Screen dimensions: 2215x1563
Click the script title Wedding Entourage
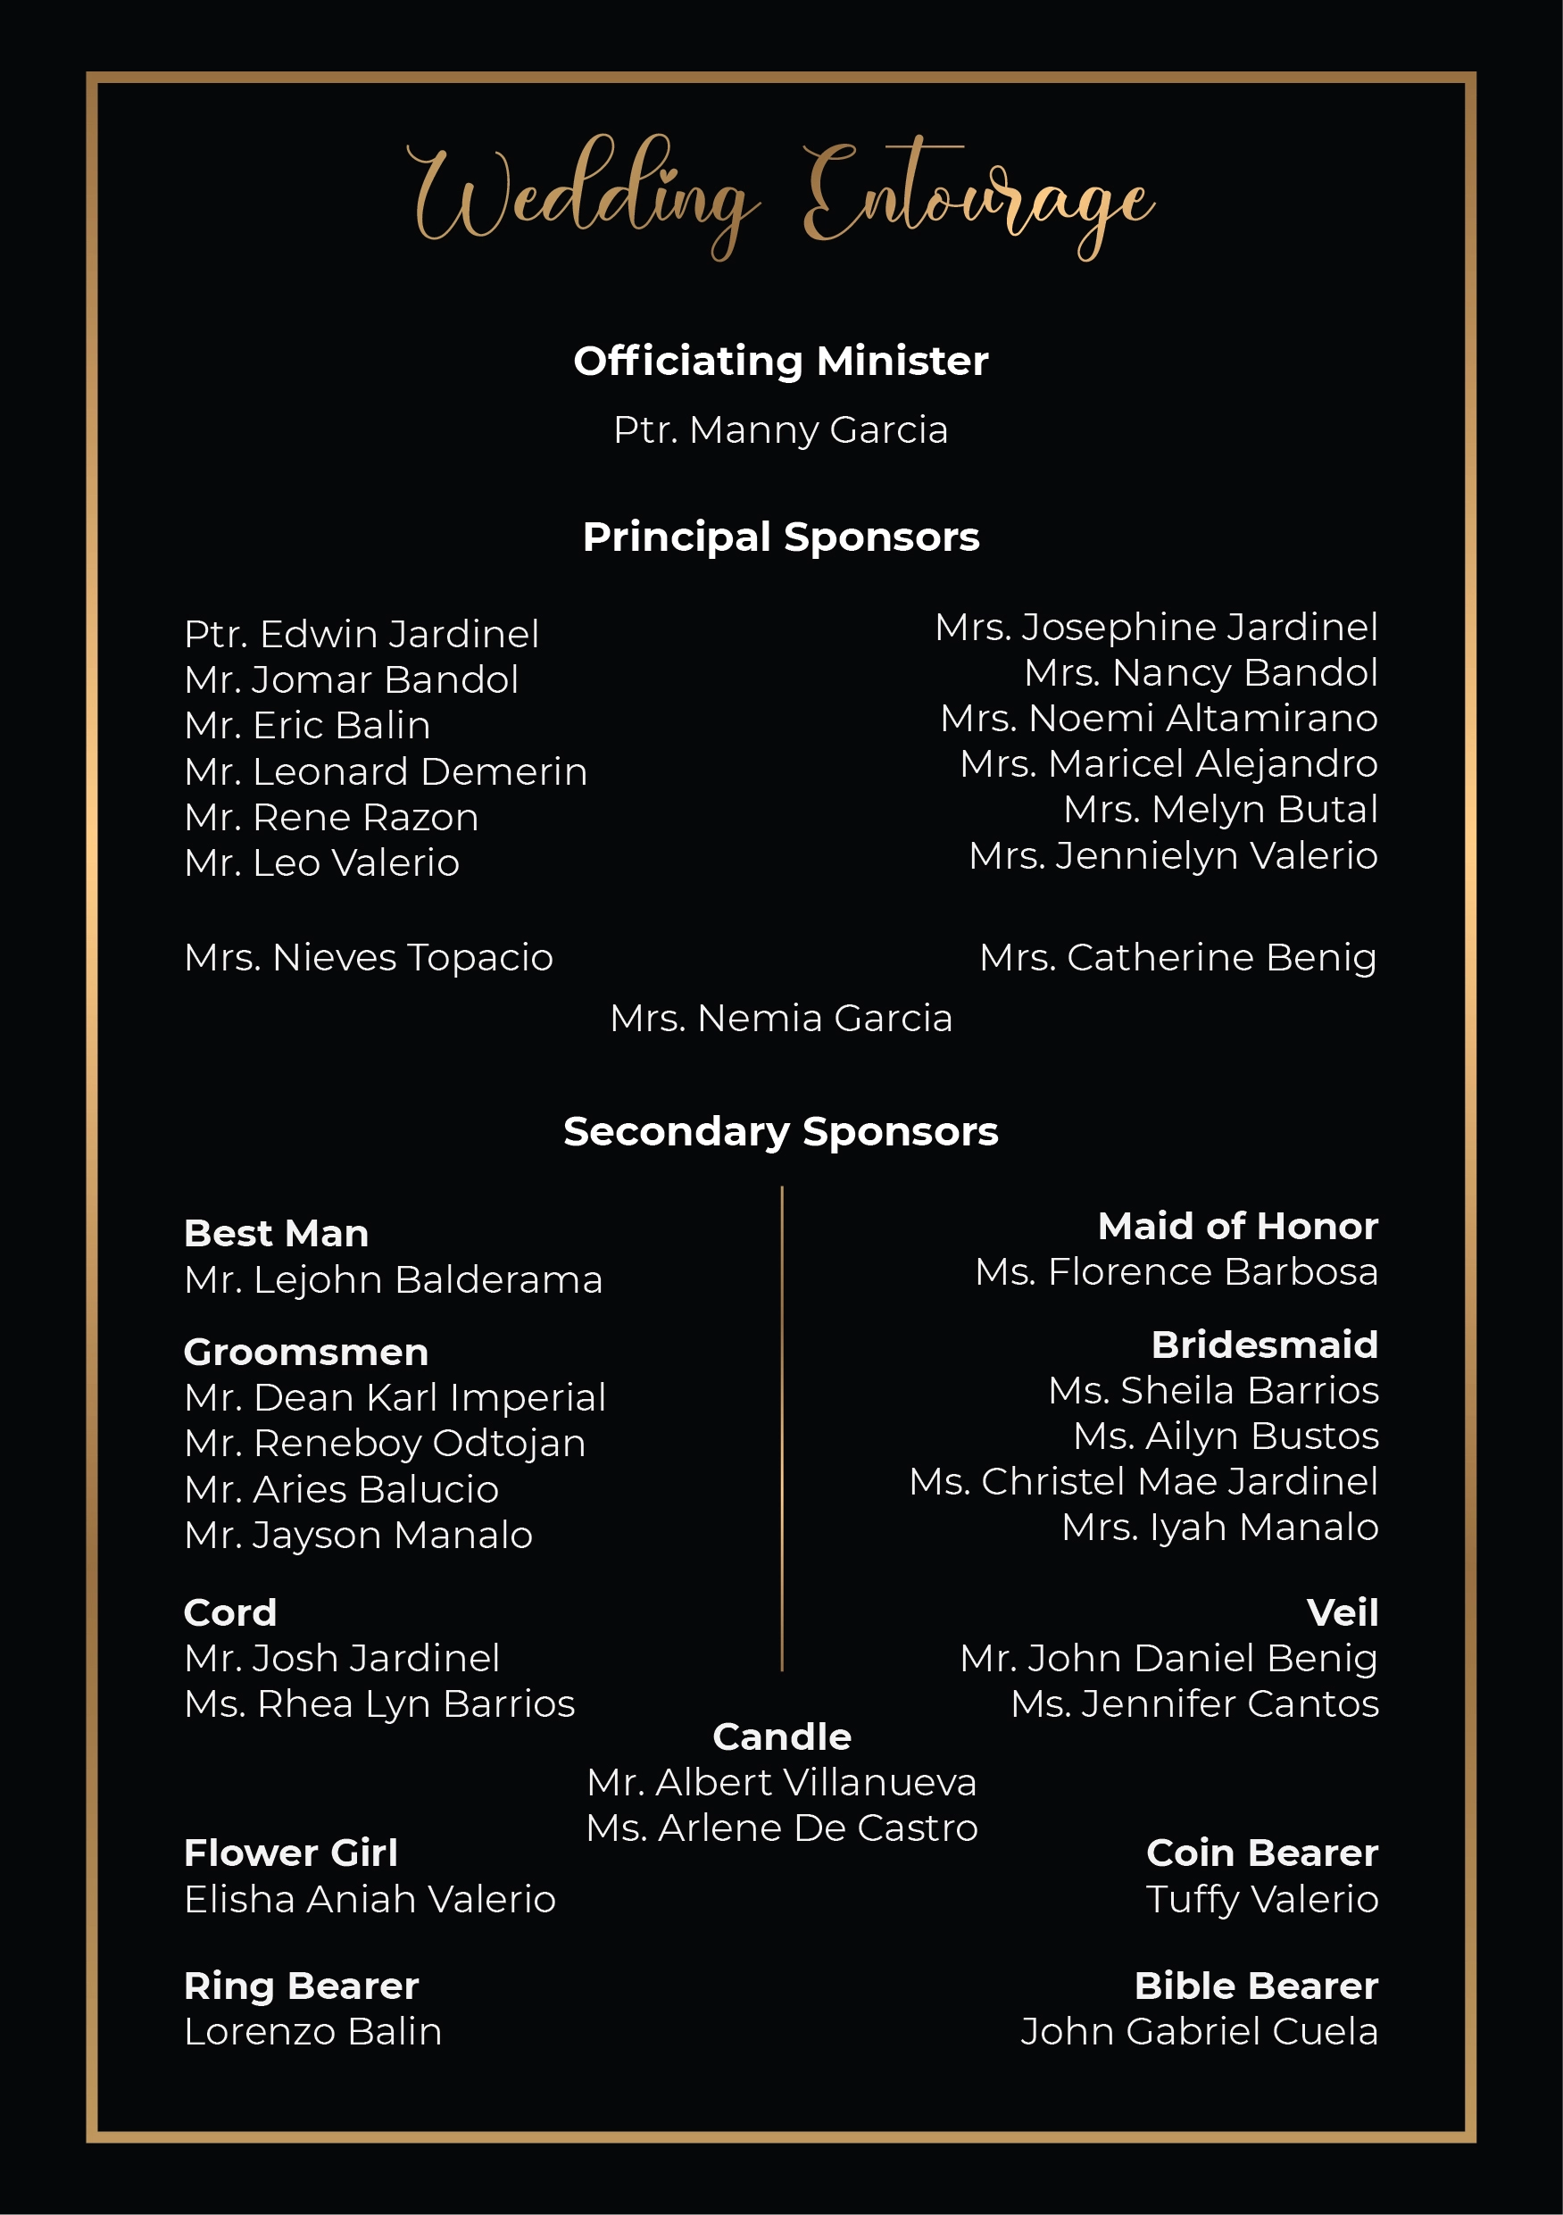pyautogui.click(x=782, y=198)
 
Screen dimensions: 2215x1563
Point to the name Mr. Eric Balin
pyautogui.click(x=307, y=726)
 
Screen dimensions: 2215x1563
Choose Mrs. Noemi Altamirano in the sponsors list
pyautogui.click(x=1159, y=718)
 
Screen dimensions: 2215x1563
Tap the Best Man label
pyautogui.click(x=276, y=1234)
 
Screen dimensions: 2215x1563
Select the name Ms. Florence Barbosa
pyautogui.click(x=1176, y=1271)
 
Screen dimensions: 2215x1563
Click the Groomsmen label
pyautogui.click(x=306, y=1353)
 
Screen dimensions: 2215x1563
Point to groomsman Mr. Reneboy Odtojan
pyautogui.click(x=385, y=1444)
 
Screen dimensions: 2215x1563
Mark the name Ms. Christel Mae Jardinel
pyautogui.click(x=1143, y=1482)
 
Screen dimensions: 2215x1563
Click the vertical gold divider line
pyautogui.click(x=782, y=1428)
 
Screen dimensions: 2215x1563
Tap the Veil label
pyautogui.click(x=1342, y=1613)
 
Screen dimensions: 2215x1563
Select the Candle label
pyautogui.click(x=782, y=1737)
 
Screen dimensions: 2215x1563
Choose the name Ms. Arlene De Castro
pyautogui.click(x=782, y=1828)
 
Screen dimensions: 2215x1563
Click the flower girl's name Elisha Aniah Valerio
pyautogui.click(x=370, y=1900)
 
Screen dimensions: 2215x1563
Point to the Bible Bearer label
pyautogui.click(x=1255, y=1986)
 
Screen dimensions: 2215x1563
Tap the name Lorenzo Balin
pyautogui.click(x=312, y=2032)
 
